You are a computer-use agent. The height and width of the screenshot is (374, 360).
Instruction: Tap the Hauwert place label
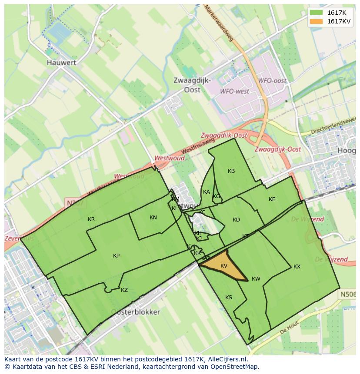click(x=61, y=63)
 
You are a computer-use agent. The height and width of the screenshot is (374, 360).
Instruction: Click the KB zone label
click(x=231, y=171)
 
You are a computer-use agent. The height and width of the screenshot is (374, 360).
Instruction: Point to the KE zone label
click(x=272, y=199)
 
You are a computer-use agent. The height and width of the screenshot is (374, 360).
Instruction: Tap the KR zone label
click(x=91, y=219)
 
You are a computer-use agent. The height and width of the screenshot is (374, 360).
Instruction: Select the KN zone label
click(x=153, y=218)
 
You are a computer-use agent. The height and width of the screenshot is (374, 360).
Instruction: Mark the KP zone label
click(x=116, y=256)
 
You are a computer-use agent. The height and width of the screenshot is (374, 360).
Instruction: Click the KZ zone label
click(x=124, y=290)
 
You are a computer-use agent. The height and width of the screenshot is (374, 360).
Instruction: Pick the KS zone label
click(x=229, y=298)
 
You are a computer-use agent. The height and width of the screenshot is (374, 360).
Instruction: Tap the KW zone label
click(x=256, y=279)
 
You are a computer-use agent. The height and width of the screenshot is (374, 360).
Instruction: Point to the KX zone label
click(x=297, y=267)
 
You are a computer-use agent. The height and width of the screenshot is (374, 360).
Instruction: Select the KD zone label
click(x=236, y=220)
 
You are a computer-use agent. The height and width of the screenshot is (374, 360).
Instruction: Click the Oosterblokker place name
click(x=135, y=312)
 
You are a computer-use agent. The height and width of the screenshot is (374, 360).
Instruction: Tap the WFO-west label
click(x=234, y=92)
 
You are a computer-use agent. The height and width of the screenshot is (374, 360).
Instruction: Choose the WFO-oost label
click(x=272, y=81)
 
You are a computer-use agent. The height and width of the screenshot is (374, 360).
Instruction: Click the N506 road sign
click(x=347, y=295)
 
